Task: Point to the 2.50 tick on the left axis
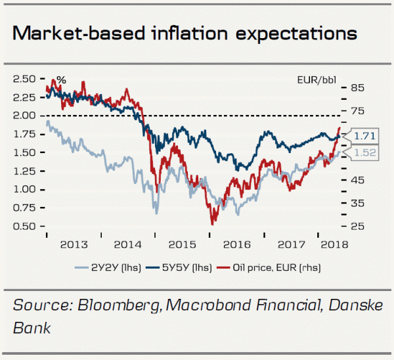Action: coord(24,79)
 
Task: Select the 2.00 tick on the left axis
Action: coord(24,116)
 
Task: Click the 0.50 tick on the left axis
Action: coord(24,227)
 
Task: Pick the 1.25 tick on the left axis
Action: coord(24,171)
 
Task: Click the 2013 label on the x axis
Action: coord(73,244)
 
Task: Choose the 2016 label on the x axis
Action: coord(236,244)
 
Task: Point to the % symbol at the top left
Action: coord(61,80)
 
